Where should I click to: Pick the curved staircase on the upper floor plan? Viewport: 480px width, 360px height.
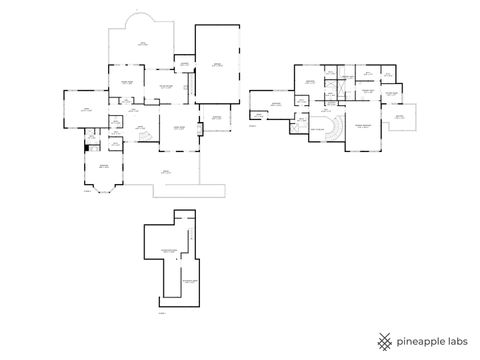(x=329, y=129)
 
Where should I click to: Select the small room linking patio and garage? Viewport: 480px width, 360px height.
(x=184, y=65)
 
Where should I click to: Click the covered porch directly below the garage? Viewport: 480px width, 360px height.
(x=216, y=120)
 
